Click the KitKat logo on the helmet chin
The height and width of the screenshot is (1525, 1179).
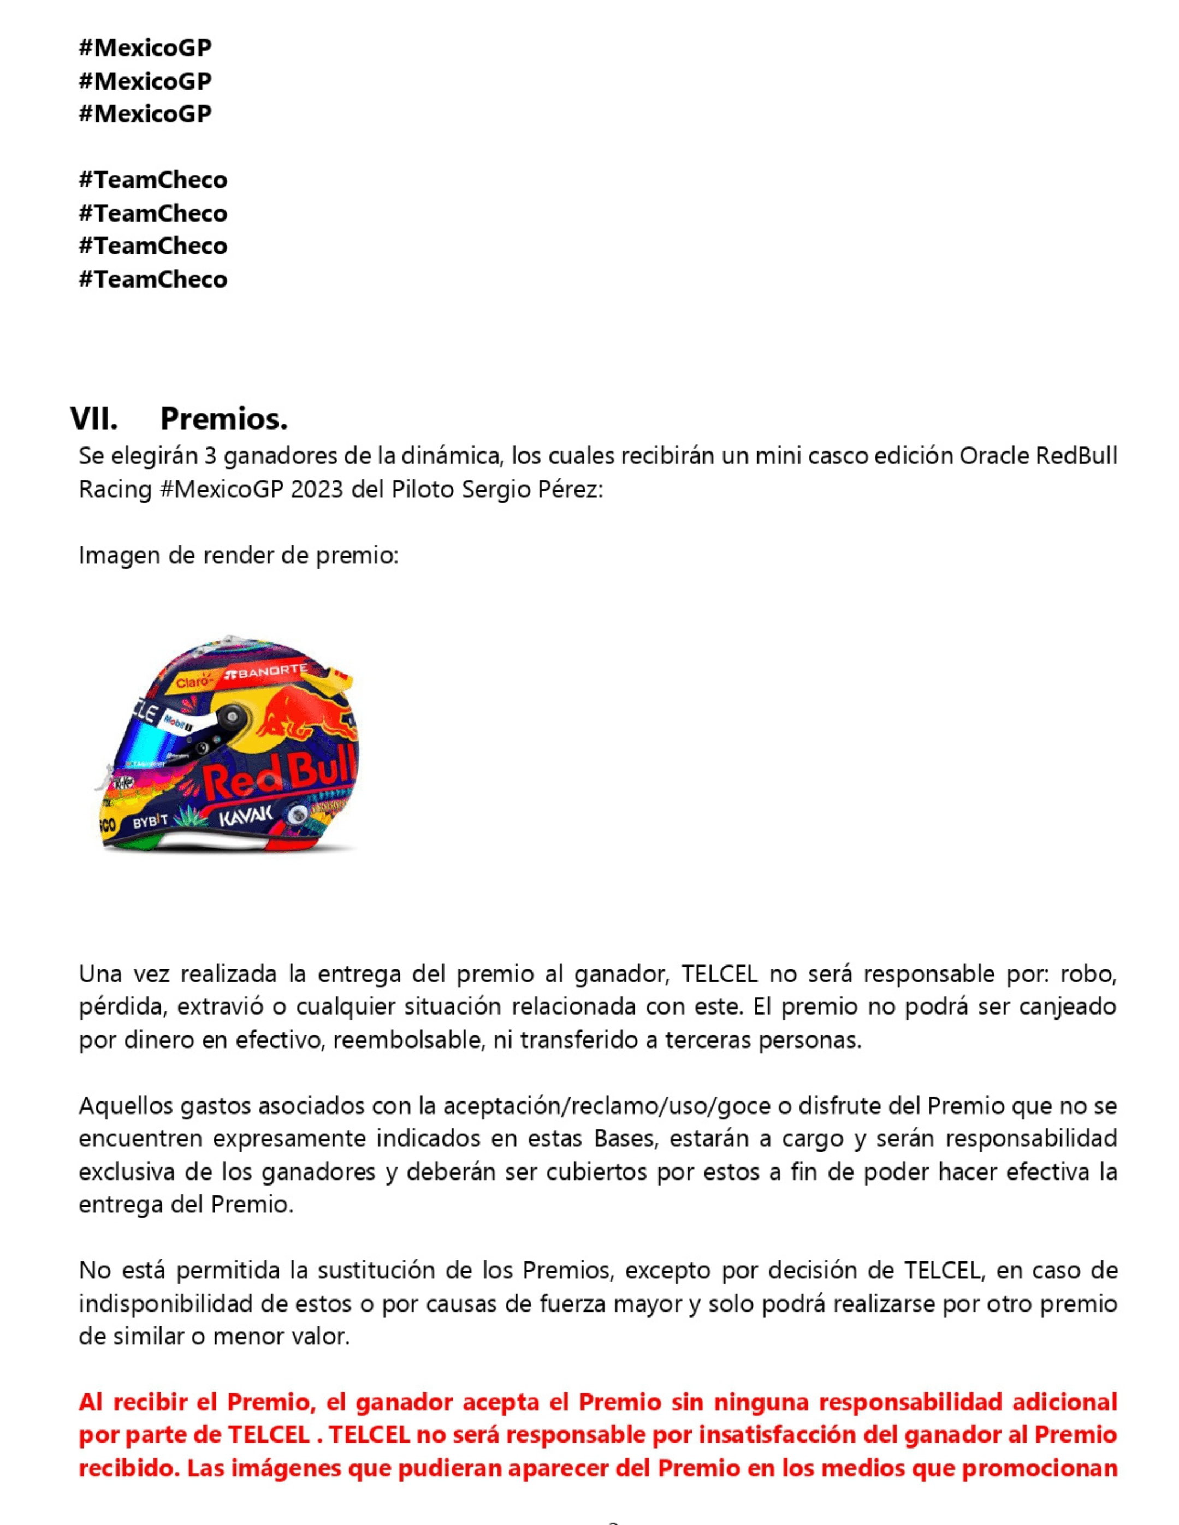pyautogui.click(x=123, y=783)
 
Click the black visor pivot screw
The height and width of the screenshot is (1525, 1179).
pyautogui.click(x=231, y=714)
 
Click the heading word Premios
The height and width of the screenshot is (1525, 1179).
pyautogui.click(x=223, y=419)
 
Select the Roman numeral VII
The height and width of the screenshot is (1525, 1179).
pyautogui.click(x=93, y=419)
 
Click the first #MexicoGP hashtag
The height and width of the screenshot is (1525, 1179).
pyautogui.click(x=145, y=47)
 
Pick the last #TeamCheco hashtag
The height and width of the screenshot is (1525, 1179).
pyautogui.click(x=153, y=279)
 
